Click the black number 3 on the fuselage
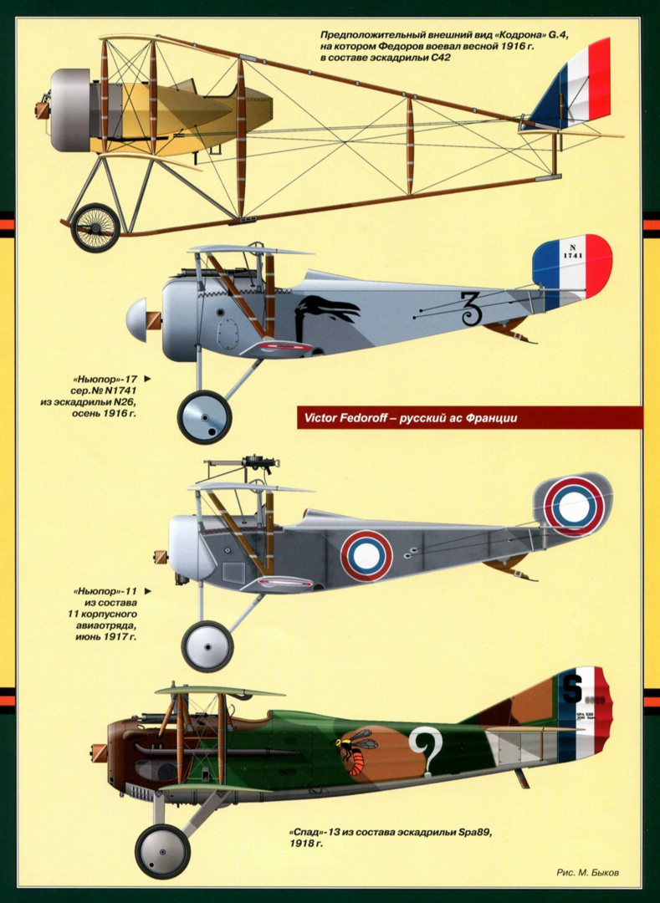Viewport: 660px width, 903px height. (x=471, y=309)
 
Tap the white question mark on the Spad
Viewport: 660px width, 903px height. (x=425, y=751)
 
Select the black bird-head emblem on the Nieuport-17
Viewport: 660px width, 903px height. (x=325, y=313)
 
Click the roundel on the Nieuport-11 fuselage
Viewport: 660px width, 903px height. (x=366, y=555)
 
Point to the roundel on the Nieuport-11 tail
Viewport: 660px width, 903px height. (x=574, y=506)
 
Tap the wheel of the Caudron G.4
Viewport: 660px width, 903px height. (x=95, y=227)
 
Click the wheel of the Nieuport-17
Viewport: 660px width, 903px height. (x=204, y=416)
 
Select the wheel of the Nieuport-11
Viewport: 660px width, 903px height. (x=207, y=645)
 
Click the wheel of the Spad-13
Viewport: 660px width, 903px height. (x=162, y=851)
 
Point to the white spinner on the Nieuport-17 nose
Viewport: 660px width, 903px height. (x=136, y=320)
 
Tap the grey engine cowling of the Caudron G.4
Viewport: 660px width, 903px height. (x=69, y=110)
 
